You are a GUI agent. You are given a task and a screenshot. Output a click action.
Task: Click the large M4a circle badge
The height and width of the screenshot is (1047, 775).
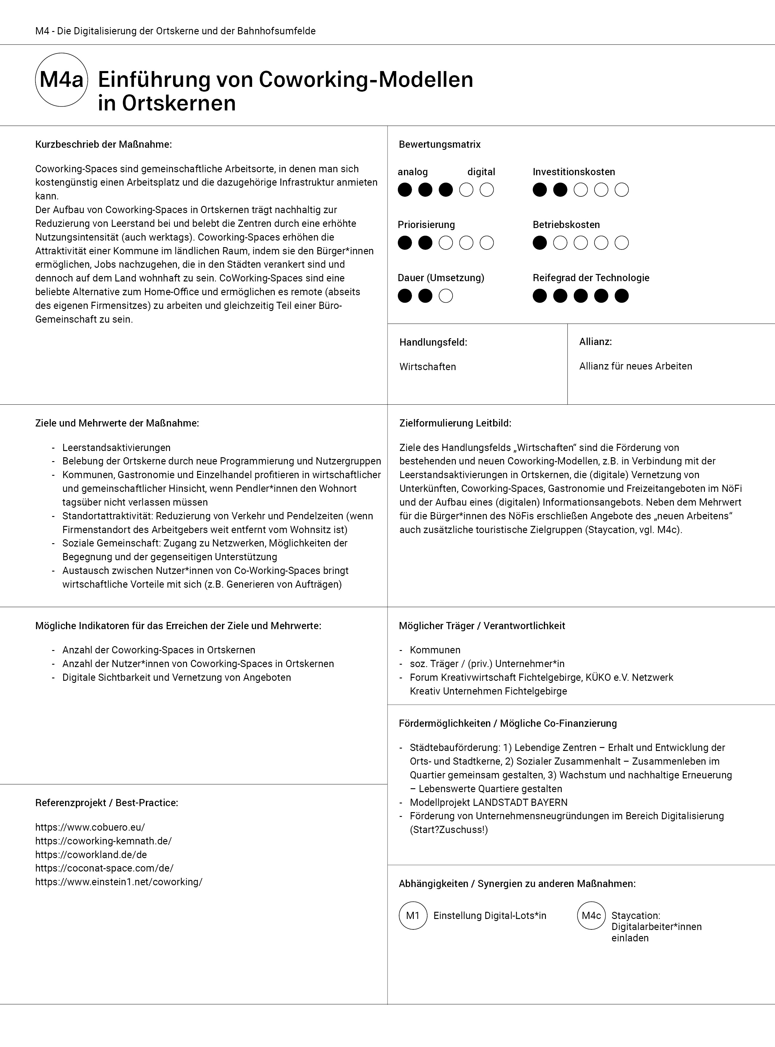click(61, 79)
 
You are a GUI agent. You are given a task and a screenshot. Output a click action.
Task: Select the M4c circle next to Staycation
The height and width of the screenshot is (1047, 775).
click(591, 915)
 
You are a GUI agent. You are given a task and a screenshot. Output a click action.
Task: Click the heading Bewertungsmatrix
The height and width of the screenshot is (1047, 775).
click(440, 144)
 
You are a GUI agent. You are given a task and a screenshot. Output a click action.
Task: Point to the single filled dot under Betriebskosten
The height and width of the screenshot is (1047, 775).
click(540, 243)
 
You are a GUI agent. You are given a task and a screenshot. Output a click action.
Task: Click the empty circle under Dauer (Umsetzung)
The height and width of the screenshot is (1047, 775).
click(446, 296)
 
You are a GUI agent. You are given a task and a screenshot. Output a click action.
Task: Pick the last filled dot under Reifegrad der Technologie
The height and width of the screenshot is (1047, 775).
click(622, 296)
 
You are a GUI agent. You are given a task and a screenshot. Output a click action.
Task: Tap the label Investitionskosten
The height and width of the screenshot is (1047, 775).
click(573, 172)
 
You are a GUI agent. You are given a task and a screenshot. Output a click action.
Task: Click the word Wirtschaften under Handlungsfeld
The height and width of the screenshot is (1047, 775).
click(427, 367)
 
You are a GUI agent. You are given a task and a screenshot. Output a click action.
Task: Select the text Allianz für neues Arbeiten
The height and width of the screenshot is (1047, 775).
click(635, 366)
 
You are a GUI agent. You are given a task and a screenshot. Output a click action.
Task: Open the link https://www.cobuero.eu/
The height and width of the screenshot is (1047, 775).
click(90, 827)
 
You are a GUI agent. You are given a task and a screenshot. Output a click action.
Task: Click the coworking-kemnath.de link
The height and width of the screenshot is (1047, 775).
click(103, 840)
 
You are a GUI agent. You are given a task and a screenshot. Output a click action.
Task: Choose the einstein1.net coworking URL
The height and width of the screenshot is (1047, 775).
click(119, 881)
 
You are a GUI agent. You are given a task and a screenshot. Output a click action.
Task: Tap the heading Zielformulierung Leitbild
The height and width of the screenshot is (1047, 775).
click(455, 423)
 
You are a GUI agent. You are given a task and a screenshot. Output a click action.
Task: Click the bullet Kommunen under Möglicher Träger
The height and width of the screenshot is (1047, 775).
click(435, 650)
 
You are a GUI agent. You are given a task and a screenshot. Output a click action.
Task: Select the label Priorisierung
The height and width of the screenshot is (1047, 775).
click(426, 225)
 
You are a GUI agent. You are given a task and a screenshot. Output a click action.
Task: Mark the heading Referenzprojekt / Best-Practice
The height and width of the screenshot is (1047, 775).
click(106, 803)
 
